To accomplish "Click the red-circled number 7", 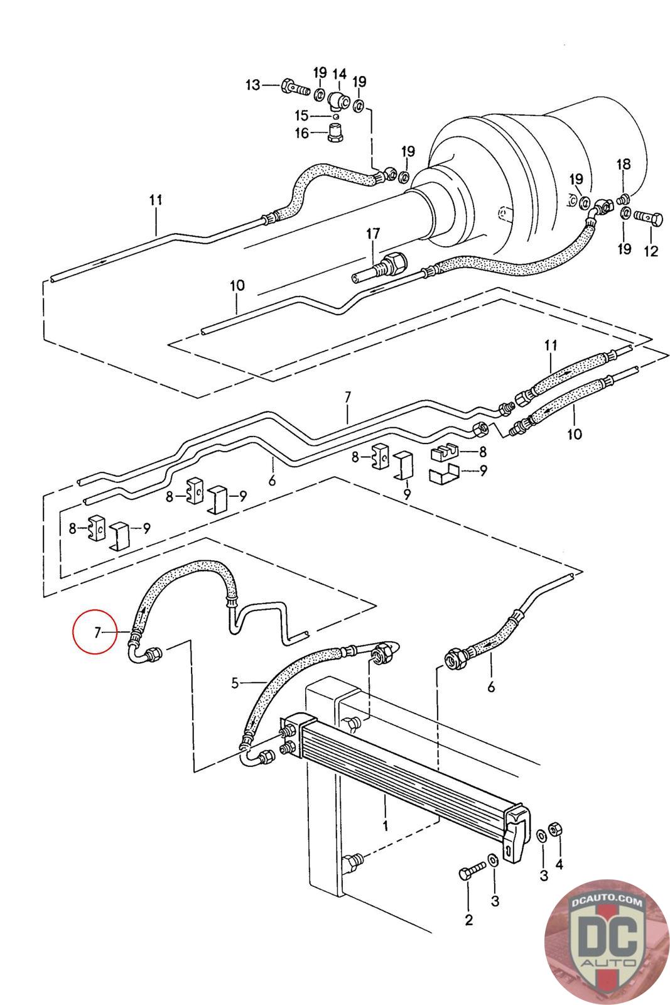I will [x=97, y=633].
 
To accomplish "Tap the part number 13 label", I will [x=252, y=85].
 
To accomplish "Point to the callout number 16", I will [x=301, y=133].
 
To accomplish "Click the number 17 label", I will [x=373, y=234].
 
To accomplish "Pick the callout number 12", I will [x=651, y=251].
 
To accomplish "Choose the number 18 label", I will [x=623, y=165].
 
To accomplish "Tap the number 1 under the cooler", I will [x=386, y=824].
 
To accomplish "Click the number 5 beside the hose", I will [x=235, y=682].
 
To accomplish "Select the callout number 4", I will [x=558, y=865].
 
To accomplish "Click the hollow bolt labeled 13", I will [x=295, y=87].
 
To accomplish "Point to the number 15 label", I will [x=301, y=116].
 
